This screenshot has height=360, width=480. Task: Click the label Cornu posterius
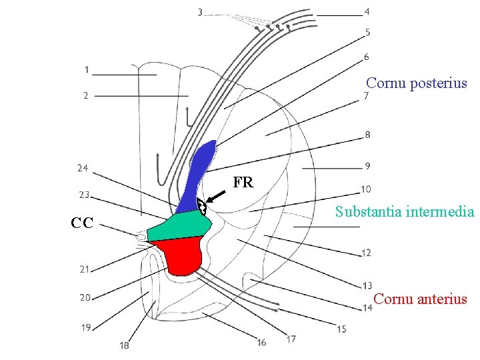[417, 84]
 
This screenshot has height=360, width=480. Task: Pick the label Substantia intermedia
[405, 212]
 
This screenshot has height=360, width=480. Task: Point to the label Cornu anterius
[420, 299]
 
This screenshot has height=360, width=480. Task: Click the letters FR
[243, 182]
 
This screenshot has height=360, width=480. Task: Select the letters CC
[82, 222]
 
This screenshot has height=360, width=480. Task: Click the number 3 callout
[201, 11]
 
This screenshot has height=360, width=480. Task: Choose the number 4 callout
[367, 11]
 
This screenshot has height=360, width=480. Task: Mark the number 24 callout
[83, 168]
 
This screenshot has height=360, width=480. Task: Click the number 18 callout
[125, 345]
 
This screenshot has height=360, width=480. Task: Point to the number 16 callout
[261, 342]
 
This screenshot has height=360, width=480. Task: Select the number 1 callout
[87, 69]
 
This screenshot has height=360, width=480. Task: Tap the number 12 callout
[366, 253]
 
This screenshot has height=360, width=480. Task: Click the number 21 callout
[84, 269]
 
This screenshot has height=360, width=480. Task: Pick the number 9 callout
[367, 165]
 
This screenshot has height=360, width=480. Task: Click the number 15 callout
[341, 329]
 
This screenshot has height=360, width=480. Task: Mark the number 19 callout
[86, 327]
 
